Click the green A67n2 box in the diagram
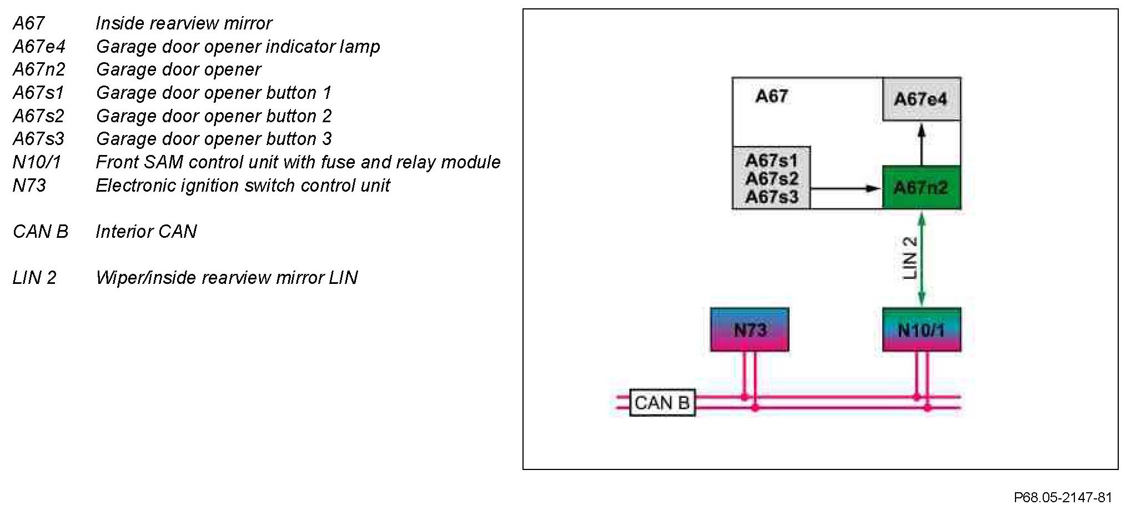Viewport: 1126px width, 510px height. [x=921, y=187]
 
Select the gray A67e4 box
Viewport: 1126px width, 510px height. [x=921, y=99]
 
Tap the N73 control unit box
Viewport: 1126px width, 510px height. [x=750, y=329]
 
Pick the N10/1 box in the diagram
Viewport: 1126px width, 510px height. [x=921, y=329]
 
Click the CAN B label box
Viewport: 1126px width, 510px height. [x=662, y=403]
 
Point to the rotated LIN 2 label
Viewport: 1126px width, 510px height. [x=909, y=258]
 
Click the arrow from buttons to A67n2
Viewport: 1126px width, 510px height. [x=845, y=188]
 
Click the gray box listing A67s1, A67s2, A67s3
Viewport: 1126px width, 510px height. [x=771, y=178]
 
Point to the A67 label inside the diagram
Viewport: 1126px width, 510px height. [x=771, y=96]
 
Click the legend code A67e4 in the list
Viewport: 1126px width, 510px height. [x=39, y=46]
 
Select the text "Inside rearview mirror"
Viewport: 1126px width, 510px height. [x=184, y=23]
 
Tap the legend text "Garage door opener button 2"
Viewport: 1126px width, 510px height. [x=214, y=116]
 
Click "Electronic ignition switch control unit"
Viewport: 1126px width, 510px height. [x=243, y=185]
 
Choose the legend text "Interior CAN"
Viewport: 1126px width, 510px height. [x=146, y=231]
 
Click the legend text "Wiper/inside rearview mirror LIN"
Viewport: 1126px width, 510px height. [x=227, y=277]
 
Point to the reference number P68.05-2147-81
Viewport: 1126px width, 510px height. [x=1063, y=497]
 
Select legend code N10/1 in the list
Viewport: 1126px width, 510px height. [x=37, y=162]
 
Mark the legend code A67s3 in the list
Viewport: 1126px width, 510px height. [x=38, y=138]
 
